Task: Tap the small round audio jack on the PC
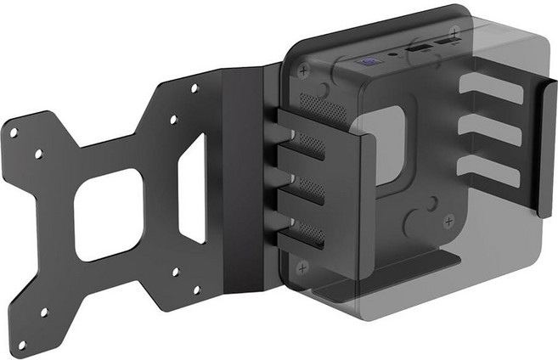click(x=392, y=56)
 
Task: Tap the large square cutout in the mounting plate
click(x=109, y=212)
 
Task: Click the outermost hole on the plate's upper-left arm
click(x=13, y=131)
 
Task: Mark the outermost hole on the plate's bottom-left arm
click(x=23, y=344)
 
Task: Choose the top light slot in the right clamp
click(x=491, y=88)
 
